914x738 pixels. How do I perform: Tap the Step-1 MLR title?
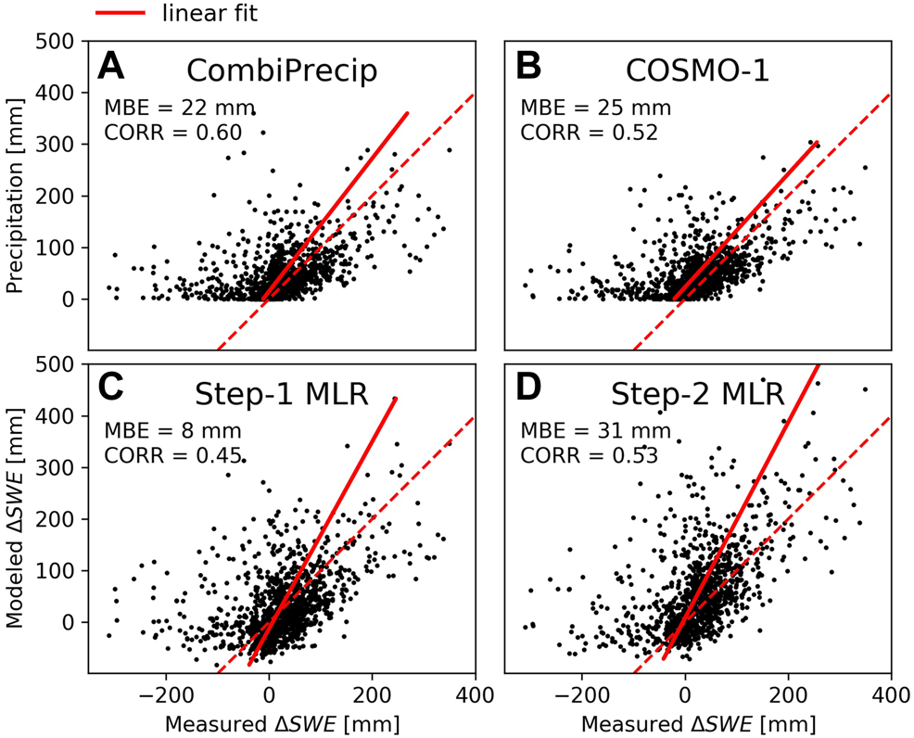click(x=283, y=394)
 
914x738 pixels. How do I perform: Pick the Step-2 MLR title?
click(x=699, y=394)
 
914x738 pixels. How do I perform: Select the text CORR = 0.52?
click(x=590, y=132)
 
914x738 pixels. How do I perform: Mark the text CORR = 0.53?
click(x=590, y=454)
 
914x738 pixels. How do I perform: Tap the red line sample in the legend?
click(x=120, y=13)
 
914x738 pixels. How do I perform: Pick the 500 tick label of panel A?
click(x=57, y=42)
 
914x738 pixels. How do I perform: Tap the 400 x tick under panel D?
click(x=890, y=693)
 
